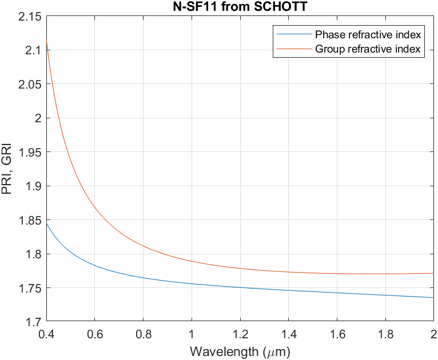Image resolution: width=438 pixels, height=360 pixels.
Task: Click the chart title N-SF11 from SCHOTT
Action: [x=240, y=7]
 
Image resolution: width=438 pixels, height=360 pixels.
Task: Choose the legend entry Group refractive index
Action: [x=368, y=49]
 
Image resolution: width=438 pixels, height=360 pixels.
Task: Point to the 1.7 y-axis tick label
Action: [x=33, y=322]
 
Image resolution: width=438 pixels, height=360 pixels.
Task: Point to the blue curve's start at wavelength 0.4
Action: [x=47, y=223]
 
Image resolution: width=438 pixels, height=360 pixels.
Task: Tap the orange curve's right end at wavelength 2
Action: [x=433, y=273]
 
